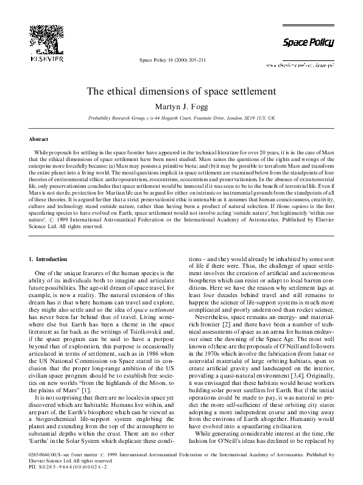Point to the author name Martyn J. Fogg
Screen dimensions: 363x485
coord(181,106)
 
